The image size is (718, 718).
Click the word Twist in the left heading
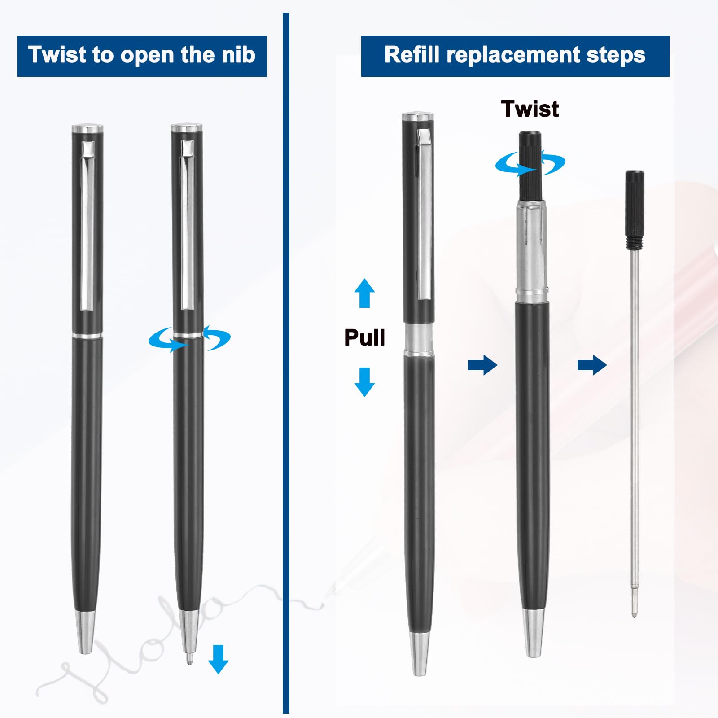57,55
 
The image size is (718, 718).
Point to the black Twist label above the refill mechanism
530,109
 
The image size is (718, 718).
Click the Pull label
364,337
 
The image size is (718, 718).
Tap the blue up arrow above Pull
364,293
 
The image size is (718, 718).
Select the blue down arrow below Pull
364,382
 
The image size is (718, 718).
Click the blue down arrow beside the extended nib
219,659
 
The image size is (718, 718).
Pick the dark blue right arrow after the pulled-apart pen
482,365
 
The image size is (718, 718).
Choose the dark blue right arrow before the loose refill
592,365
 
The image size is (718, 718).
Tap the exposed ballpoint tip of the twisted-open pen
189,659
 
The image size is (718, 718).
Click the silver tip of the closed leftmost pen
85,632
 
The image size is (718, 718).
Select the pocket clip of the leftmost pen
88,226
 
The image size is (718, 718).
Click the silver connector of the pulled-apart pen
419,340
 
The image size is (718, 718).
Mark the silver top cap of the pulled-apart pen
418,117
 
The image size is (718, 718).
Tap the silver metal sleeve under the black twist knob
532,251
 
